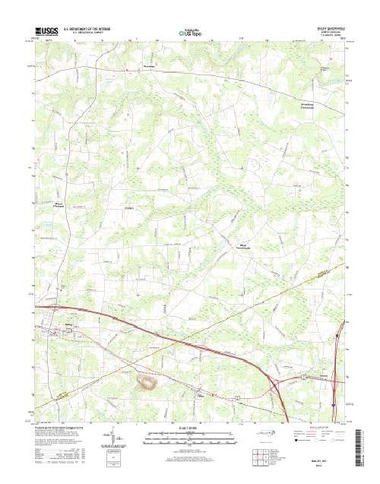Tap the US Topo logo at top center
pyautogui.click(x=189, y=33)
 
